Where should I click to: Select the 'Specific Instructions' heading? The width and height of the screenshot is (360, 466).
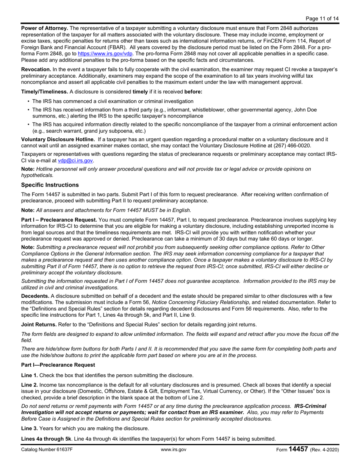tap(50, 185)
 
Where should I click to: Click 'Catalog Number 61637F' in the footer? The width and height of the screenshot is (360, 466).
tap(47, 450)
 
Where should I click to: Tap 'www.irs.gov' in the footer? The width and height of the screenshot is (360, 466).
tap(174, 450)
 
